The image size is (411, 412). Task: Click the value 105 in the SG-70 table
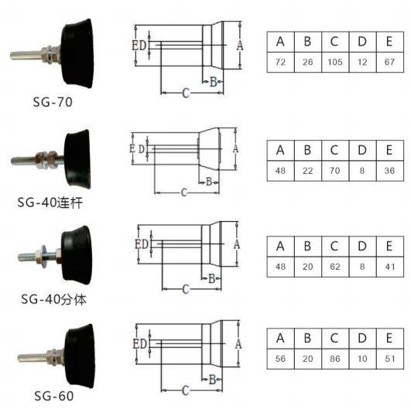pos(335,62)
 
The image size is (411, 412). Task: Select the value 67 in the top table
pos(389,62)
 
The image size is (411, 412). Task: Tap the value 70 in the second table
pos(334,171)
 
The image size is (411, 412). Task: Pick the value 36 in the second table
pos(389,171)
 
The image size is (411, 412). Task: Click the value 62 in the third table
pos(334,267)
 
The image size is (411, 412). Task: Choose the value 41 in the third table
pos(390,267)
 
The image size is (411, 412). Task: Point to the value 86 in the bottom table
pos(334,359)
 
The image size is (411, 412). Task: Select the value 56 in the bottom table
pos(280,359)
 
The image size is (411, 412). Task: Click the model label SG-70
pos(53,102)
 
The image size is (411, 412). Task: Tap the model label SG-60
pos(53,396)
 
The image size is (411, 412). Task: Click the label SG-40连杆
pos(50,203)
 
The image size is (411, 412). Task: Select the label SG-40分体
pos(53,299)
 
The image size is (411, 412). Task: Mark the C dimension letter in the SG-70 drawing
pos(186,93)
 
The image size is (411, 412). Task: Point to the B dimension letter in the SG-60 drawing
pos(213,380)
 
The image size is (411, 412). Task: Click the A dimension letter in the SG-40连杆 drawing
pos(235,148)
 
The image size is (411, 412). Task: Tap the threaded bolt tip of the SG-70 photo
pos(12,56)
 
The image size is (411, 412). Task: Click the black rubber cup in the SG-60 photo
pos(80,356)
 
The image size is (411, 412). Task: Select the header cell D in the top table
pos(362,42)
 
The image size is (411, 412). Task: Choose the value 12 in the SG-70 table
pos(362,62)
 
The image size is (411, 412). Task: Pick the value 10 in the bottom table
pos(362,359)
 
